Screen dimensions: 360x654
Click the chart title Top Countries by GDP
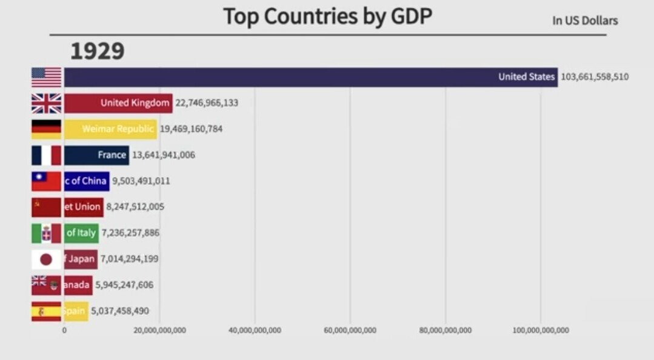327,16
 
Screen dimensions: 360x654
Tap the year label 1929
97,52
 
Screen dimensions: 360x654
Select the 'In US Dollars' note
584,21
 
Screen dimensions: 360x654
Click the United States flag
47,78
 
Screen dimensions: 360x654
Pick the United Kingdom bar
118,103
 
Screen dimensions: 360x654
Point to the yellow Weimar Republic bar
110,129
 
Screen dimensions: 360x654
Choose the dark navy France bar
96,155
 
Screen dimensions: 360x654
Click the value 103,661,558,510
594,77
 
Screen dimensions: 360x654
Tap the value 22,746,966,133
207,103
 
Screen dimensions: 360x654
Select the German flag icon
47,129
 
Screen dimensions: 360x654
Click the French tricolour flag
47,155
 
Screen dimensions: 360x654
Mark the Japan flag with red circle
47,259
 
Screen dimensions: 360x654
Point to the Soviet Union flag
47,207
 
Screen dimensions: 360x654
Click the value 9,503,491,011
141,181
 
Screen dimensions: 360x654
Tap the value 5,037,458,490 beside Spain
120,312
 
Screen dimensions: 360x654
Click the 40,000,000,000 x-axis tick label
255,330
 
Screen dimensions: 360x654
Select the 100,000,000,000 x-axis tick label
541,330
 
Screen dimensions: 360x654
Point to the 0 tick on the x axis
64,330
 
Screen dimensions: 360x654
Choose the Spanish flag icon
47,312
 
